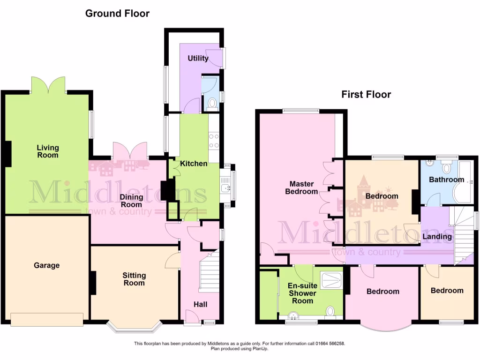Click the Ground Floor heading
point(117,13)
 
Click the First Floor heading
point(366,95)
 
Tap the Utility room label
point(198,59)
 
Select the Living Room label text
point(48,151)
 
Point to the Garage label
point(46,265)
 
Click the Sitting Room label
point(134,279)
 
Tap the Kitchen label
point(194,164)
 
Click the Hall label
point(201,305)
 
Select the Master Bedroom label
point(301,187)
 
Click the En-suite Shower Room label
point(302,293)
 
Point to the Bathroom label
point(446,180)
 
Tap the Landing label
point(437,237)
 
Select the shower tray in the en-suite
point(332,280)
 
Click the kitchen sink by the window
point(226,188)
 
